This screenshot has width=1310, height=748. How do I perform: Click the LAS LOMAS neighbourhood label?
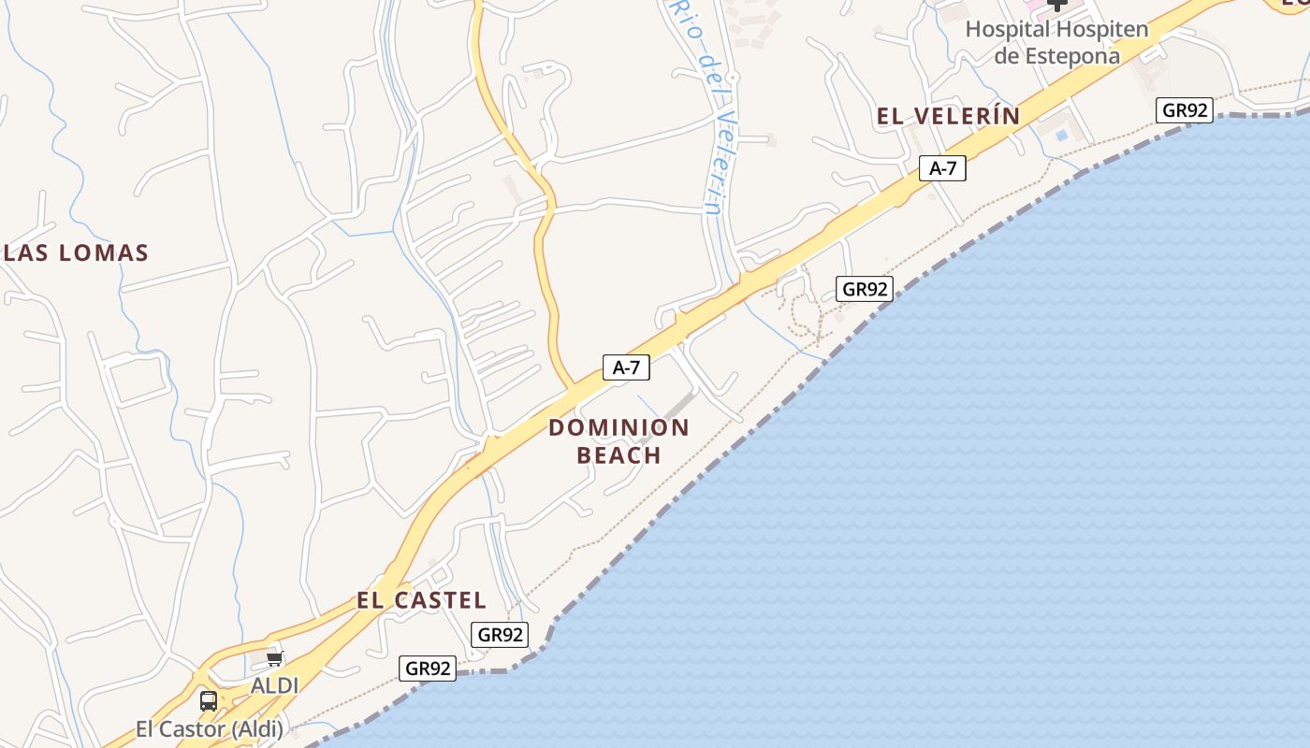click(x=76, y=252)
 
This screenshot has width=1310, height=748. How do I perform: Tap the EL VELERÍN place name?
click(x=948, y=116)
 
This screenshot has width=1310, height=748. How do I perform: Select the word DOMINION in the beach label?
click(x=619, y=428)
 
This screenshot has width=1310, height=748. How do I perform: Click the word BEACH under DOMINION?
click(x=619, y=455)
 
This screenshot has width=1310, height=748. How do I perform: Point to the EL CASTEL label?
click(x=421, y=600)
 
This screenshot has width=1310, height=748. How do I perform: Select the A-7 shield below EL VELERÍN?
click(x=942, y=168)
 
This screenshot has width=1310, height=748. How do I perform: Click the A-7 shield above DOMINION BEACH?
click(x=625, y=367)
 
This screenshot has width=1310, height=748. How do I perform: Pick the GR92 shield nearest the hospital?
click(x=1184, y=110)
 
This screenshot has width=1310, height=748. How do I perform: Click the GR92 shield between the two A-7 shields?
click(x=864, y=289)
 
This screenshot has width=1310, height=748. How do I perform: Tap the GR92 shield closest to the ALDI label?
click(x=429, y=669)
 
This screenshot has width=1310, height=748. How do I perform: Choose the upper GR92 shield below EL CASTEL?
click(x=500, y=635)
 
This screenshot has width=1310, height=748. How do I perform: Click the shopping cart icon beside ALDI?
click(x=275, y=659)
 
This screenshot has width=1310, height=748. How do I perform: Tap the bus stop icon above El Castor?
click(x=209, y=700)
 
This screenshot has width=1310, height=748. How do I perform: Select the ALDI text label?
click(x=274, y=685)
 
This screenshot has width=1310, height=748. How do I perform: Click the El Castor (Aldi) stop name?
click(x=208, y=728)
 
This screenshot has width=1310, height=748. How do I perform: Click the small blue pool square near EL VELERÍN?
click(x=1061, y=136)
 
